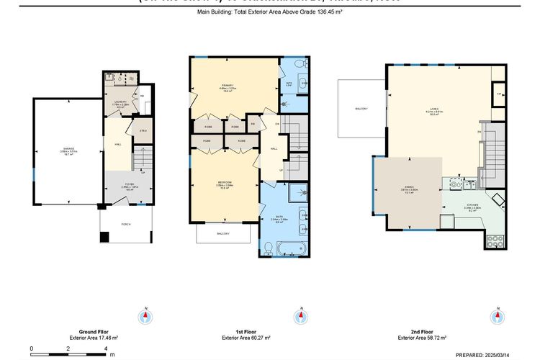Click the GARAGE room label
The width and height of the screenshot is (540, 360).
[68, 149]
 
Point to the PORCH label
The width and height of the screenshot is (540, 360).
[126, 223]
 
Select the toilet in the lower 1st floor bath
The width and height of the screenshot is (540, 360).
[266, 248]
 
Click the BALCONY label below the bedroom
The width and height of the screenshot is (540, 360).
[223, 235]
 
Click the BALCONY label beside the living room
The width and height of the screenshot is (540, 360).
[361, 109]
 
